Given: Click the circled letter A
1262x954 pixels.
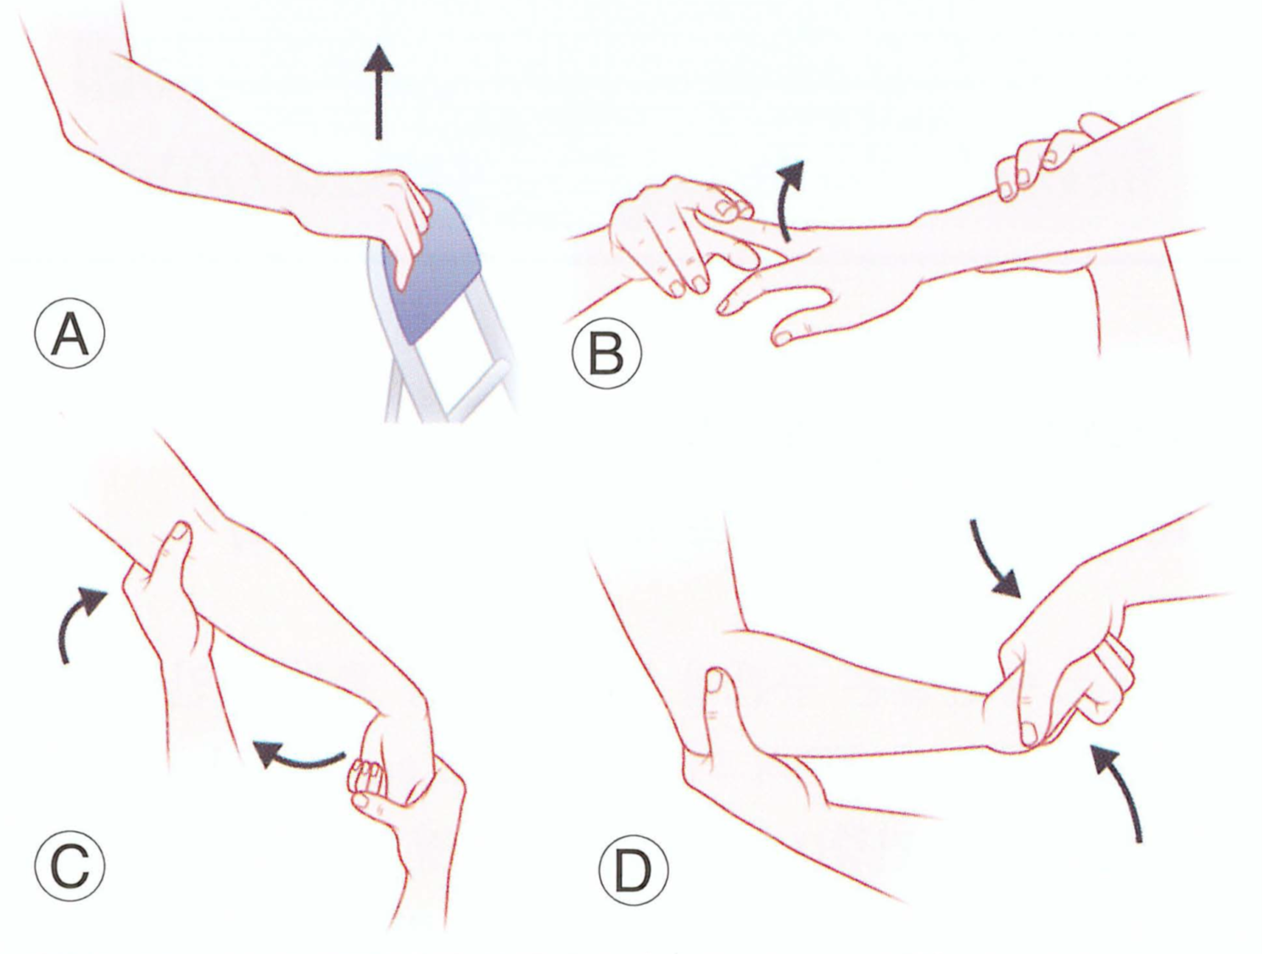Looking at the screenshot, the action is click(x=70, y=332).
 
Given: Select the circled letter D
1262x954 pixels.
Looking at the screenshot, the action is click(x=634, y=870).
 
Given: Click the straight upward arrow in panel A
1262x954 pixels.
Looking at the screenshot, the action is click(x=378, y=92).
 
